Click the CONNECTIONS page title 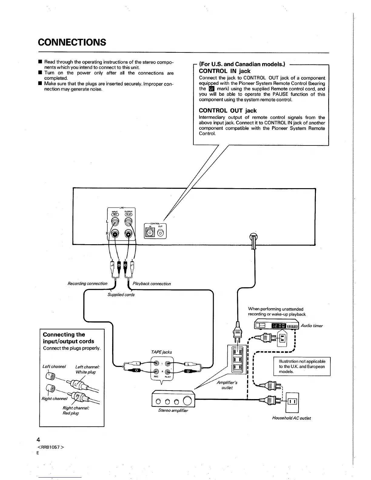(72, 42)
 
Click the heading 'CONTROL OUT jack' (228, 111)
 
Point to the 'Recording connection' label (87, 284)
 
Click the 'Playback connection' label (152, 284)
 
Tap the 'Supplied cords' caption (121, 295)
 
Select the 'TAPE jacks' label (161, 352)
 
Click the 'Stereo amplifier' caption (173, 411)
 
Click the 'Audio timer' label (312, 326)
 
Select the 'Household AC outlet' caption (291, 418)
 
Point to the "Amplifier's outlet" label (227, 385)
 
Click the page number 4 (38, 440)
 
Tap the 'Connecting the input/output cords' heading (69, 338)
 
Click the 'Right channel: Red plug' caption (76, 411)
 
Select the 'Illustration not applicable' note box (302, 366)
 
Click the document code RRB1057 (51, 448)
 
